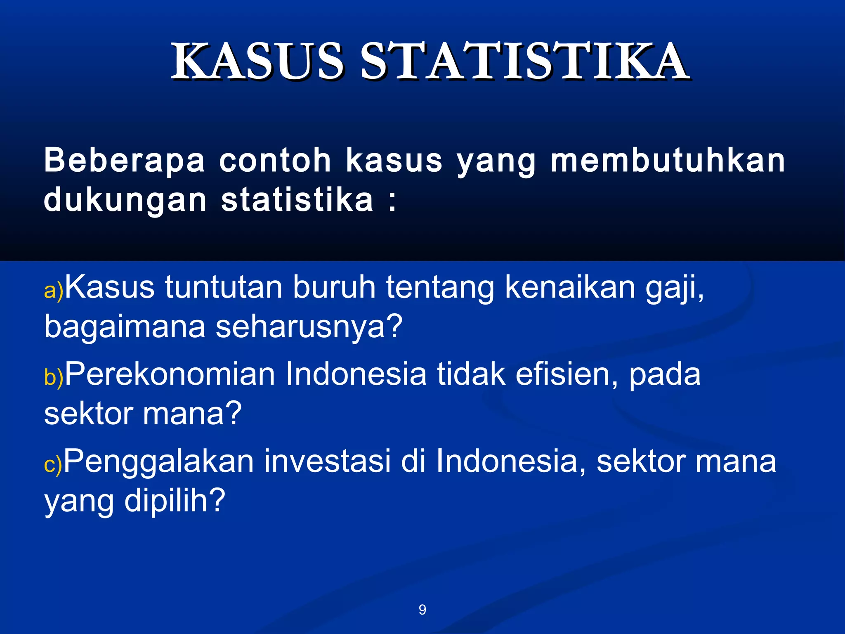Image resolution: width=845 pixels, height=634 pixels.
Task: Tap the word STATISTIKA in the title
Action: click(524, 62)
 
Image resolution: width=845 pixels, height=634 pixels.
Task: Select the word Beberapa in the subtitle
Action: click(124, 161)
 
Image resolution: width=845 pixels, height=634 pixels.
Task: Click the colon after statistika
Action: click(392, 201)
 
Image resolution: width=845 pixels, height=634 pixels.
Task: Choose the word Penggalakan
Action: click(158, 461)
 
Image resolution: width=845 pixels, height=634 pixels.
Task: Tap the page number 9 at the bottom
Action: click(422, 610)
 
